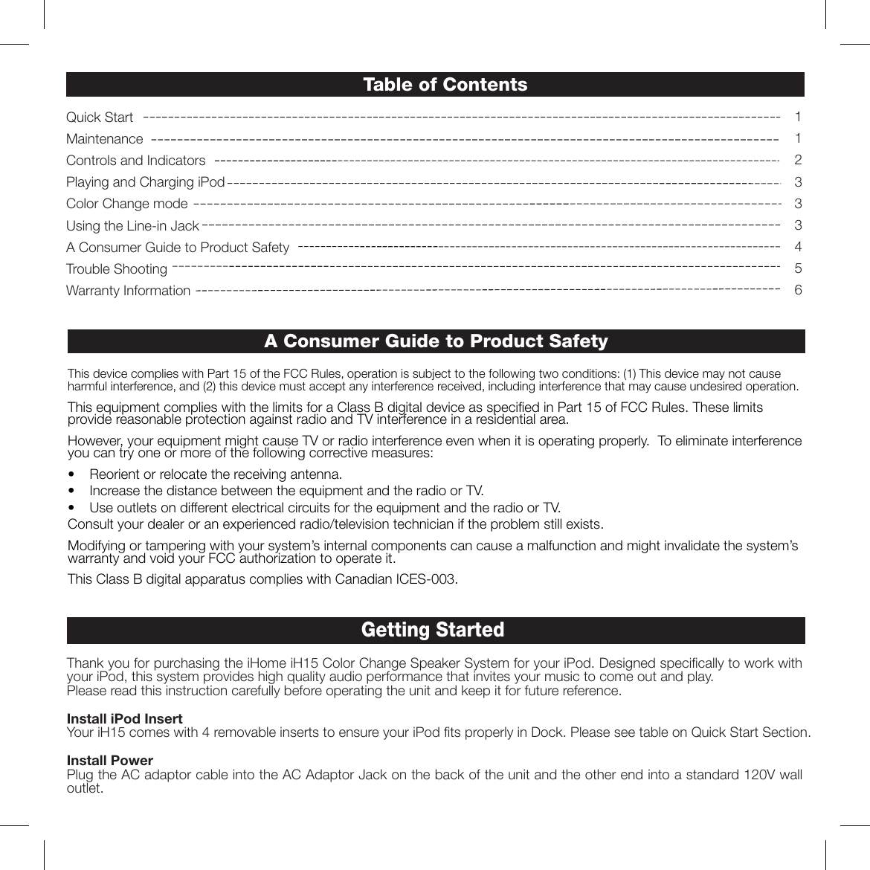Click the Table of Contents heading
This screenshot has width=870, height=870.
445,85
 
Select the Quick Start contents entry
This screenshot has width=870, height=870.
100,117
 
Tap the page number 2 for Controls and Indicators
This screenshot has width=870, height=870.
798,161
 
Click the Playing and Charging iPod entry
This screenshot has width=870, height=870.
145,182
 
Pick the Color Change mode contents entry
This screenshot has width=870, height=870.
127,204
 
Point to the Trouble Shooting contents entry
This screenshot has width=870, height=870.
117,269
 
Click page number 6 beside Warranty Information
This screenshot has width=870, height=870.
798,290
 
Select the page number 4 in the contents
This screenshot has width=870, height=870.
798,247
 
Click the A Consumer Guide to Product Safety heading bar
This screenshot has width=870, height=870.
436,341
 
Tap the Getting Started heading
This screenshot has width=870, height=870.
432,630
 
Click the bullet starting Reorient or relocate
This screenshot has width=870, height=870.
216,474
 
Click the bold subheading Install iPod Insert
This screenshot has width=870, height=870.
125,719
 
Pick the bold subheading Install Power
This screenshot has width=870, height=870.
110,761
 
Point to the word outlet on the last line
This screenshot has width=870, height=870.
83,788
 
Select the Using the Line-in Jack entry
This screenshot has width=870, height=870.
132,225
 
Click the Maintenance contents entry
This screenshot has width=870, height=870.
104,139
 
